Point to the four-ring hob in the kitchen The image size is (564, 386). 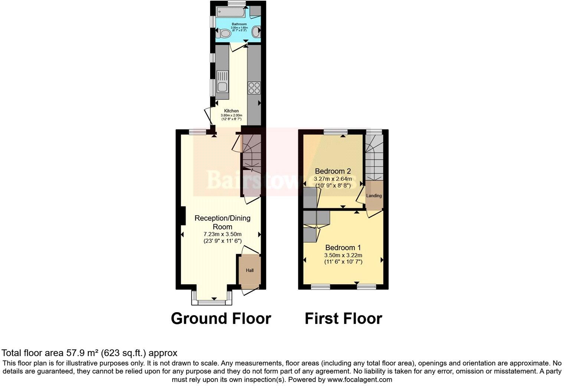click(x=254, y=88)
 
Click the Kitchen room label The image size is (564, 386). click(x=232, y=111)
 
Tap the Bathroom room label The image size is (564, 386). click(x=239, y=24)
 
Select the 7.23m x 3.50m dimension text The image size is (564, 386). click(x=222, y=234)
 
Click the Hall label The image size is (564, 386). click(x=250, y=270)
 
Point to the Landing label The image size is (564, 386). click(x=374, y=196)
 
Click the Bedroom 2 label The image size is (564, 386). click(x=333, y=171)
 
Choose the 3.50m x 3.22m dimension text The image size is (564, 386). click(x=343, y=255)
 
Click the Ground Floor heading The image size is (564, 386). click(x=221, y=318)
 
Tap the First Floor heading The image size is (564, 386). click(x=343, y=318)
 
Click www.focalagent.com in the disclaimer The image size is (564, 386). click(x=360, y=380)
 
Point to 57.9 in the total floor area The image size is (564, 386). click(x=74, y=353)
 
